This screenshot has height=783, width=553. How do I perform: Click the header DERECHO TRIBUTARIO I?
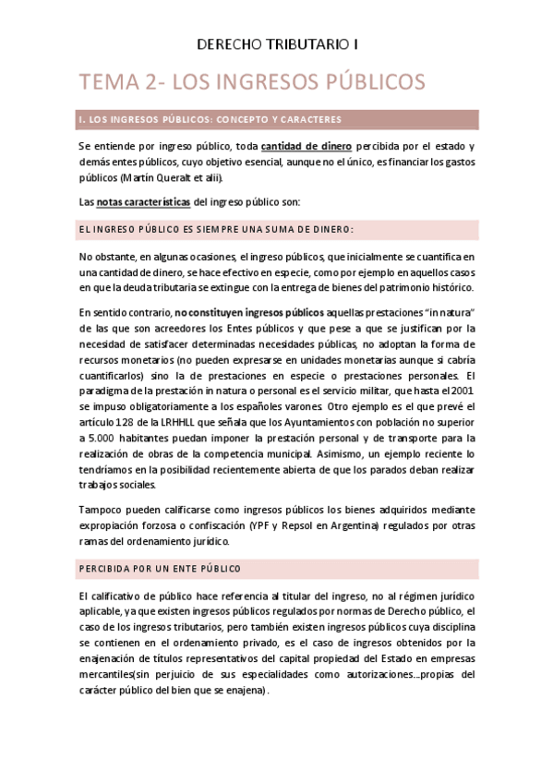pyautogui.click(x=276, y=43)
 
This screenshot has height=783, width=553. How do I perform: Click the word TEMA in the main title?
pyautogui.click(x=110, y=82)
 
